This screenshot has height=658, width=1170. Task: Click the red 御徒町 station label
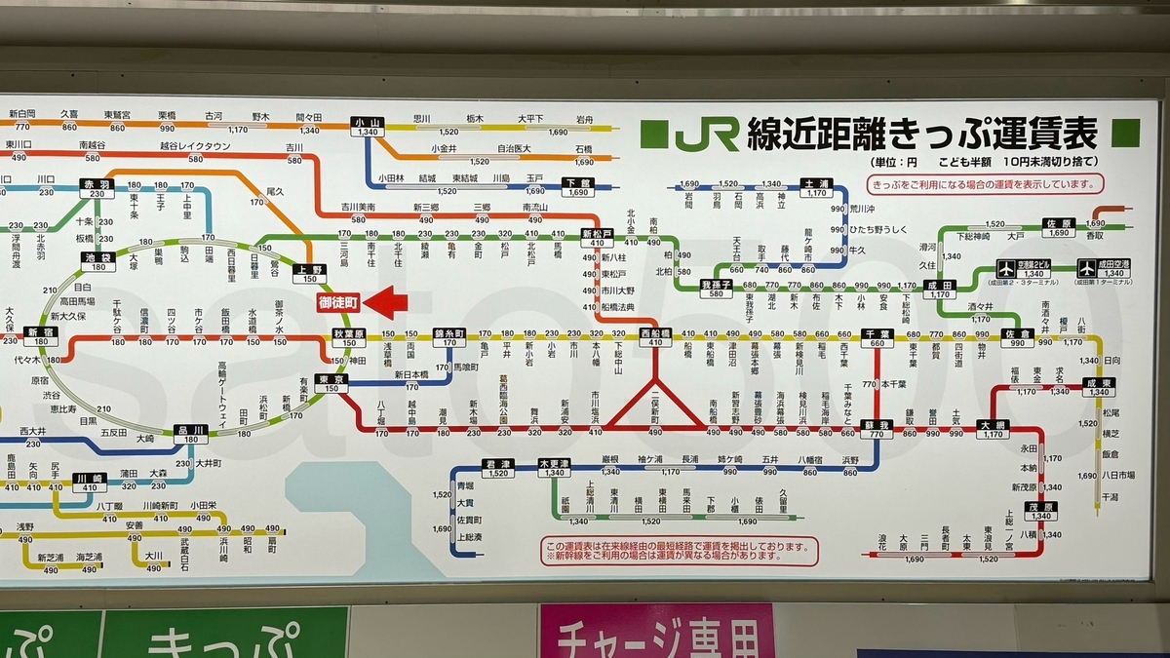338,303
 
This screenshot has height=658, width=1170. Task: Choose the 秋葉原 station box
349,336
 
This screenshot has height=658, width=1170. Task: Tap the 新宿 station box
40,336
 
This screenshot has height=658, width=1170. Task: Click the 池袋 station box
97,261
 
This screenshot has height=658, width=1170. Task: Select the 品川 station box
190,434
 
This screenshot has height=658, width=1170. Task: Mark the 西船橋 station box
655,336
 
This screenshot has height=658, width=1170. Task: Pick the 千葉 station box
877,336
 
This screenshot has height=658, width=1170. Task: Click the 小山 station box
368,127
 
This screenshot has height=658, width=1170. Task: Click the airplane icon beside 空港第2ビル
1006,267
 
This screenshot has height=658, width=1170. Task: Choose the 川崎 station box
88,482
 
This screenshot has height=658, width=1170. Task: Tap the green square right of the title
1125,134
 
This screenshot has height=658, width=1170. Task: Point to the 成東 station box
1097,387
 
